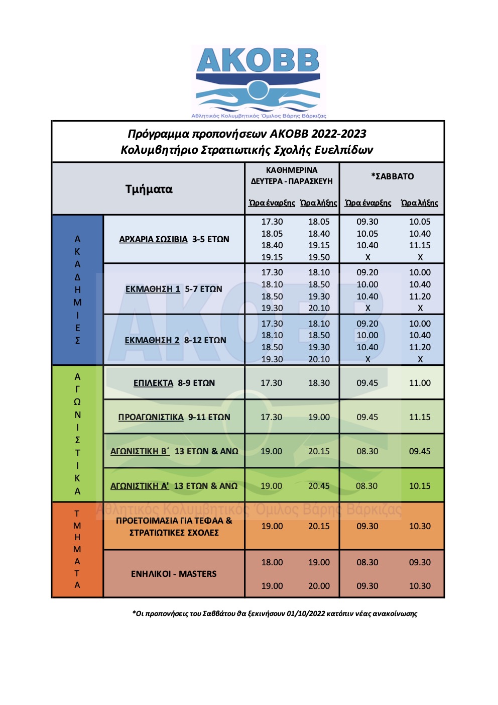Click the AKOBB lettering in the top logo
point(258,61)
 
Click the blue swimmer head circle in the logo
point(258,90)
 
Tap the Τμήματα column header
point(149,189)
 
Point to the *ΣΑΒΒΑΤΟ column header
point(392,176)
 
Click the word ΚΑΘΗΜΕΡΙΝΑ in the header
point(292,170)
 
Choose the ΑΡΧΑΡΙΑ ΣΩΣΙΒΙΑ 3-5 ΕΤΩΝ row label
point(174,239)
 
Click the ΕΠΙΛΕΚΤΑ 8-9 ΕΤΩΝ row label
point(174,383)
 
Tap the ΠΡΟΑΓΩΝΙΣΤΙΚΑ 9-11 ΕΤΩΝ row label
point(174,417)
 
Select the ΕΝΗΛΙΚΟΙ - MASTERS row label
point(174,574)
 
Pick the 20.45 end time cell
point(319,486)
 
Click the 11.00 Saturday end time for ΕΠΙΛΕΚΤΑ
point(420,383)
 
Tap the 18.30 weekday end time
point(319,383)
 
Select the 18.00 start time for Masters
point(272,562)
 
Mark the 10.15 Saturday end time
point(420,486)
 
